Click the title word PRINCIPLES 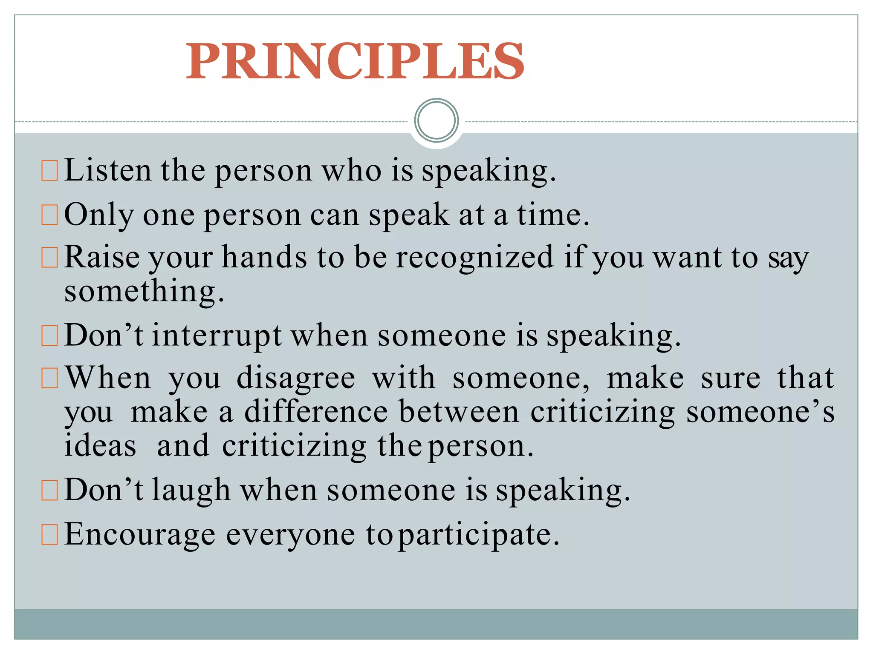click(355, 61)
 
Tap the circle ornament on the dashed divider click(436, 120)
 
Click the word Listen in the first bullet click(107, 170)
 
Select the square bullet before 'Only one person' click(49, 215)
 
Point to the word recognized click(475, 258)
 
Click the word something click(144, 292)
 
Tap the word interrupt click(217, 336)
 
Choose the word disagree click(296, 378)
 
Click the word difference click(316, 412)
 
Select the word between click(460, 412)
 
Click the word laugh click(191, 490)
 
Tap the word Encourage click(140, 534)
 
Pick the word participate click(478, 535)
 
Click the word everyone click(290, 535)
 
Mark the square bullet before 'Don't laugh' click(49, 490)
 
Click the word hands click(264, 258)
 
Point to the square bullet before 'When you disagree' click(49, 379)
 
